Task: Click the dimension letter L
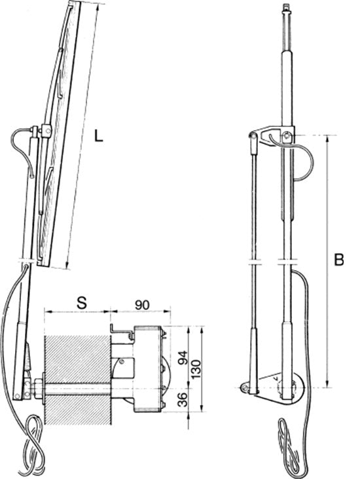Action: (98, 137)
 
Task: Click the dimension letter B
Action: (338, 260)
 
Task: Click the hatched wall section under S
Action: (77, 373)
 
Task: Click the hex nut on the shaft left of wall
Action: (37, 389)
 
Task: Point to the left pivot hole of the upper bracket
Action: (253, 136)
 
